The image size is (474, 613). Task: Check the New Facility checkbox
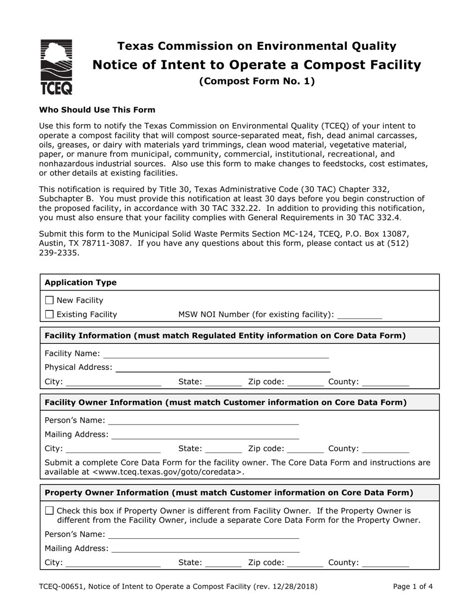tap(49, 300)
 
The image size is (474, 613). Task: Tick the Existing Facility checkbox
tap(49, 314)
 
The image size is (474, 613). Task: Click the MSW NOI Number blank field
tap(359, 315)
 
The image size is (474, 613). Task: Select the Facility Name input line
tap(216, 354)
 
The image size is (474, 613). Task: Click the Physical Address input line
tap(223, 368)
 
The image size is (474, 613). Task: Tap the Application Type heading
tap(80, 283)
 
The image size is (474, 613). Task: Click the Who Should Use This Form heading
tap(97, 110)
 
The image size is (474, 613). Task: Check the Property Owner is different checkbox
tap(49, 511)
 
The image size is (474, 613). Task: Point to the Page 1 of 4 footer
tap(413, 587)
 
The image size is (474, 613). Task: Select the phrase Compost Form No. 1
tap(257, 81)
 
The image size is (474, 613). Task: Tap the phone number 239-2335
tap(59, 253)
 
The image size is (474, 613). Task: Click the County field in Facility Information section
tap(386, 383)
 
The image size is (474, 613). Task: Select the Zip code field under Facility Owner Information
tap(305, 449)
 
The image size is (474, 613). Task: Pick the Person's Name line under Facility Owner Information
tap(203, 421)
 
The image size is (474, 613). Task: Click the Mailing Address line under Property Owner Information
tap(205, 549)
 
